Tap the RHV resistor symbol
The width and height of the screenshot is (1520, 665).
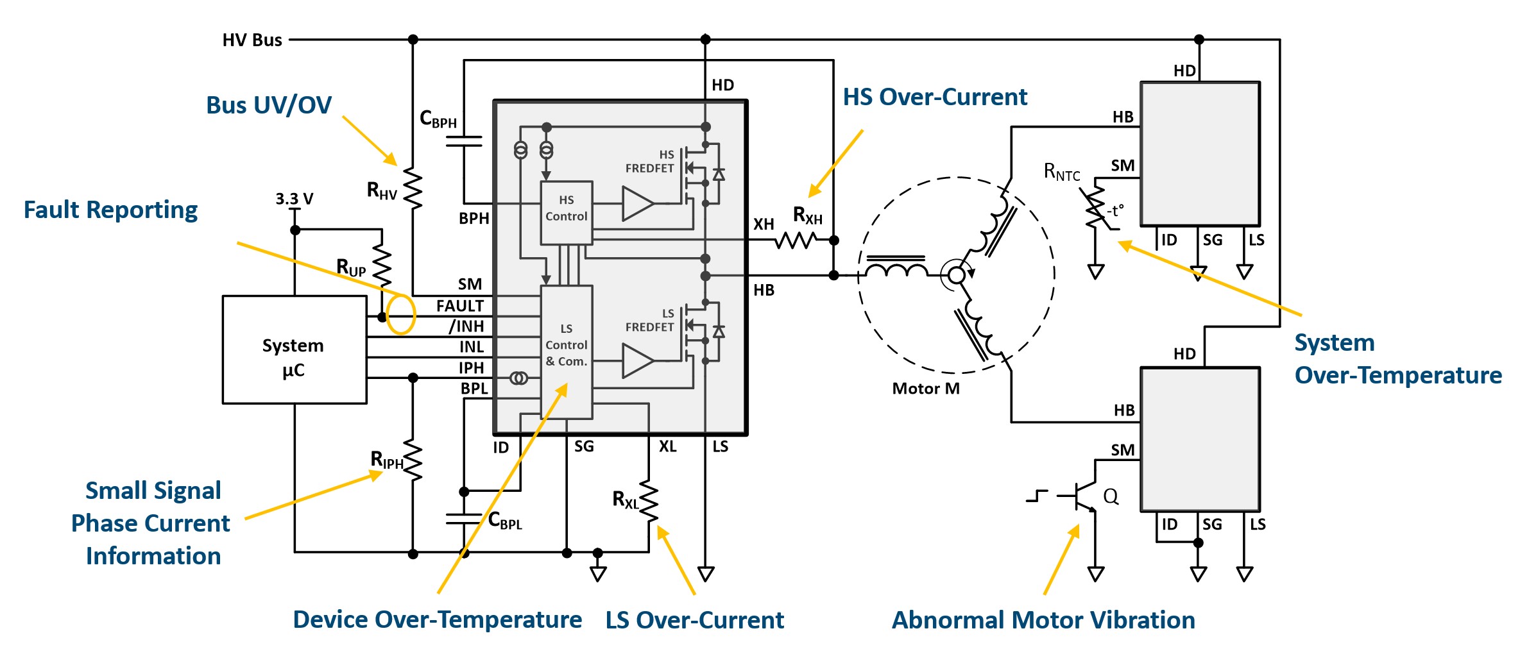(413, 189)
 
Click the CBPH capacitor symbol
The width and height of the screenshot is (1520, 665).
(464, 141)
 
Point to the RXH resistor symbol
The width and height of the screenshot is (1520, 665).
(796, 240)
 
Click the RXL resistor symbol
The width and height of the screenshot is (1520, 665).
(649, 501)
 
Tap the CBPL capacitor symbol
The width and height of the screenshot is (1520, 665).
(464, 519)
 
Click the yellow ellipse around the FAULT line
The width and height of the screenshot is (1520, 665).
(401, 314)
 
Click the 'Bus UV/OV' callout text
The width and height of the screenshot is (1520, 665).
(269, 105)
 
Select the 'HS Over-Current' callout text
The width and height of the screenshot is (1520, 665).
(935, 97)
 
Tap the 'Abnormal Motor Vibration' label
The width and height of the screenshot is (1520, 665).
(1043, 620)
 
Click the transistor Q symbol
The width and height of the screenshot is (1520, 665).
(1084, 496)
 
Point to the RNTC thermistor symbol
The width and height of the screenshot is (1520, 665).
(1095, 207)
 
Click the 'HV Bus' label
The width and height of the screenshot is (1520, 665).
(252, 40)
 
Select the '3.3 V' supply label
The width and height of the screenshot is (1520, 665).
(295, 199)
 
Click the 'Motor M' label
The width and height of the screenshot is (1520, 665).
(926, 389)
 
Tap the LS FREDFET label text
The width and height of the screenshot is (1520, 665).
(649, 321)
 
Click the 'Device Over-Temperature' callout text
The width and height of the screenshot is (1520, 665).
(437, 619)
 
